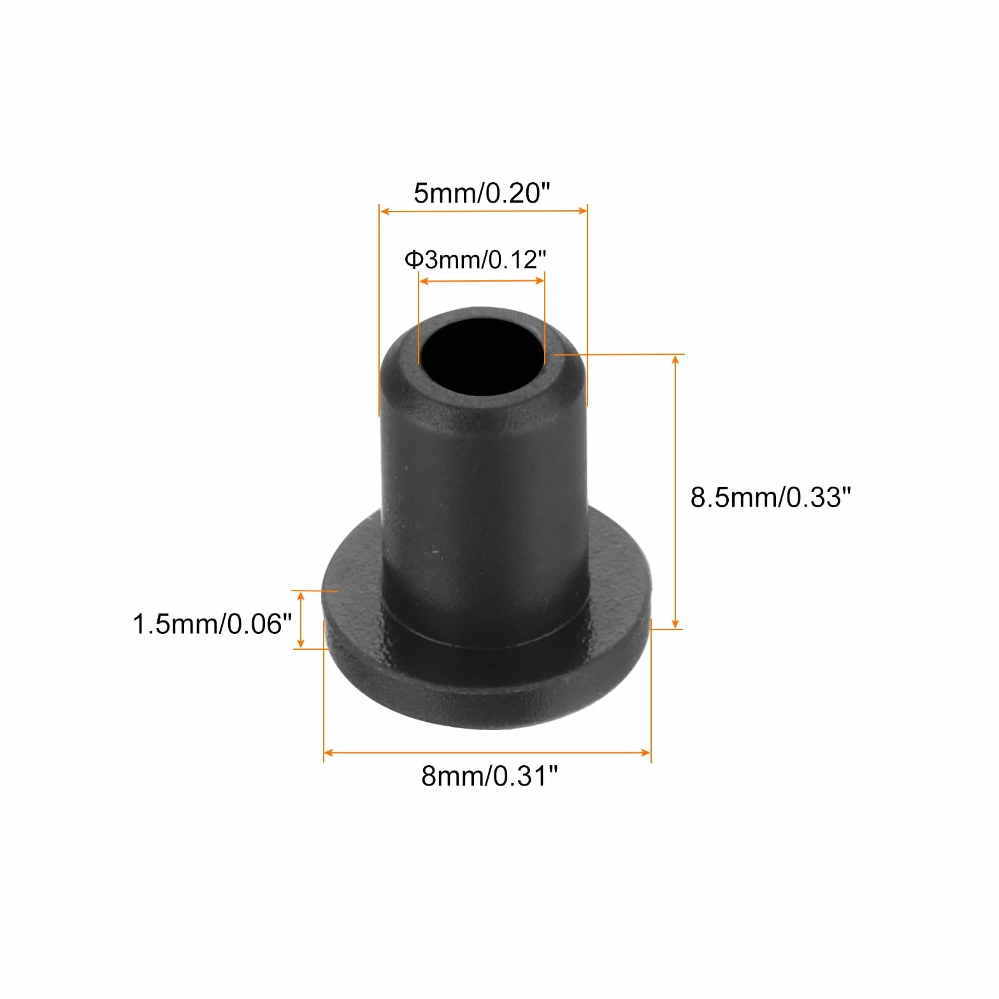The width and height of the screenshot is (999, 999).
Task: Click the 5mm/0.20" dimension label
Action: pyautogui.click(x=481, y=192)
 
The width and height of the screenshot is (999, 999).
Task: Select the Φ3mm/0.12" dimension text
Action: pyautogui.click(x=475, y=259)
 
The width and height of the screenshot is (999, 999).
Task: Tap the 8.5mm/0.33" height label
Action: pyautogui.click(x=770, y=497)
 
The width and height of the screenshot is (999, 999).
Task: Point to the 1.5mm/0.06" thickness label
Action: pyautogui.click(x=212, y=624)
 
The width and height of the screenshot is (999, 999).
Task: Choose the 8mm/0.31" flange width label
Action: pyautogui.click(x=489, y=777)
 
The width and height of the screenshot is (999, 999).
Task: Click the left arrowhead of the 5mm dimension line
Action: pyautogui.click(x=384, y=211)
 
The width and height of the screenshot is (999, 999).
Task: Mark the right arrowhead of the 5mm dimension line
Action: pyautogui.click(x=582, y=211)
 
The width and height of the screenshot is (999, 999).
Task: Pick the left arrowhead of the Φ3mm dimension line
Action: pyautogui.click(x=424, y=280)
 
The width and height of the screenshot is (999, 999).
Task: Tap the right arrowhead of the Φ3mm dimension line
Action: pyautogui.click(x=540, y=280)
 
